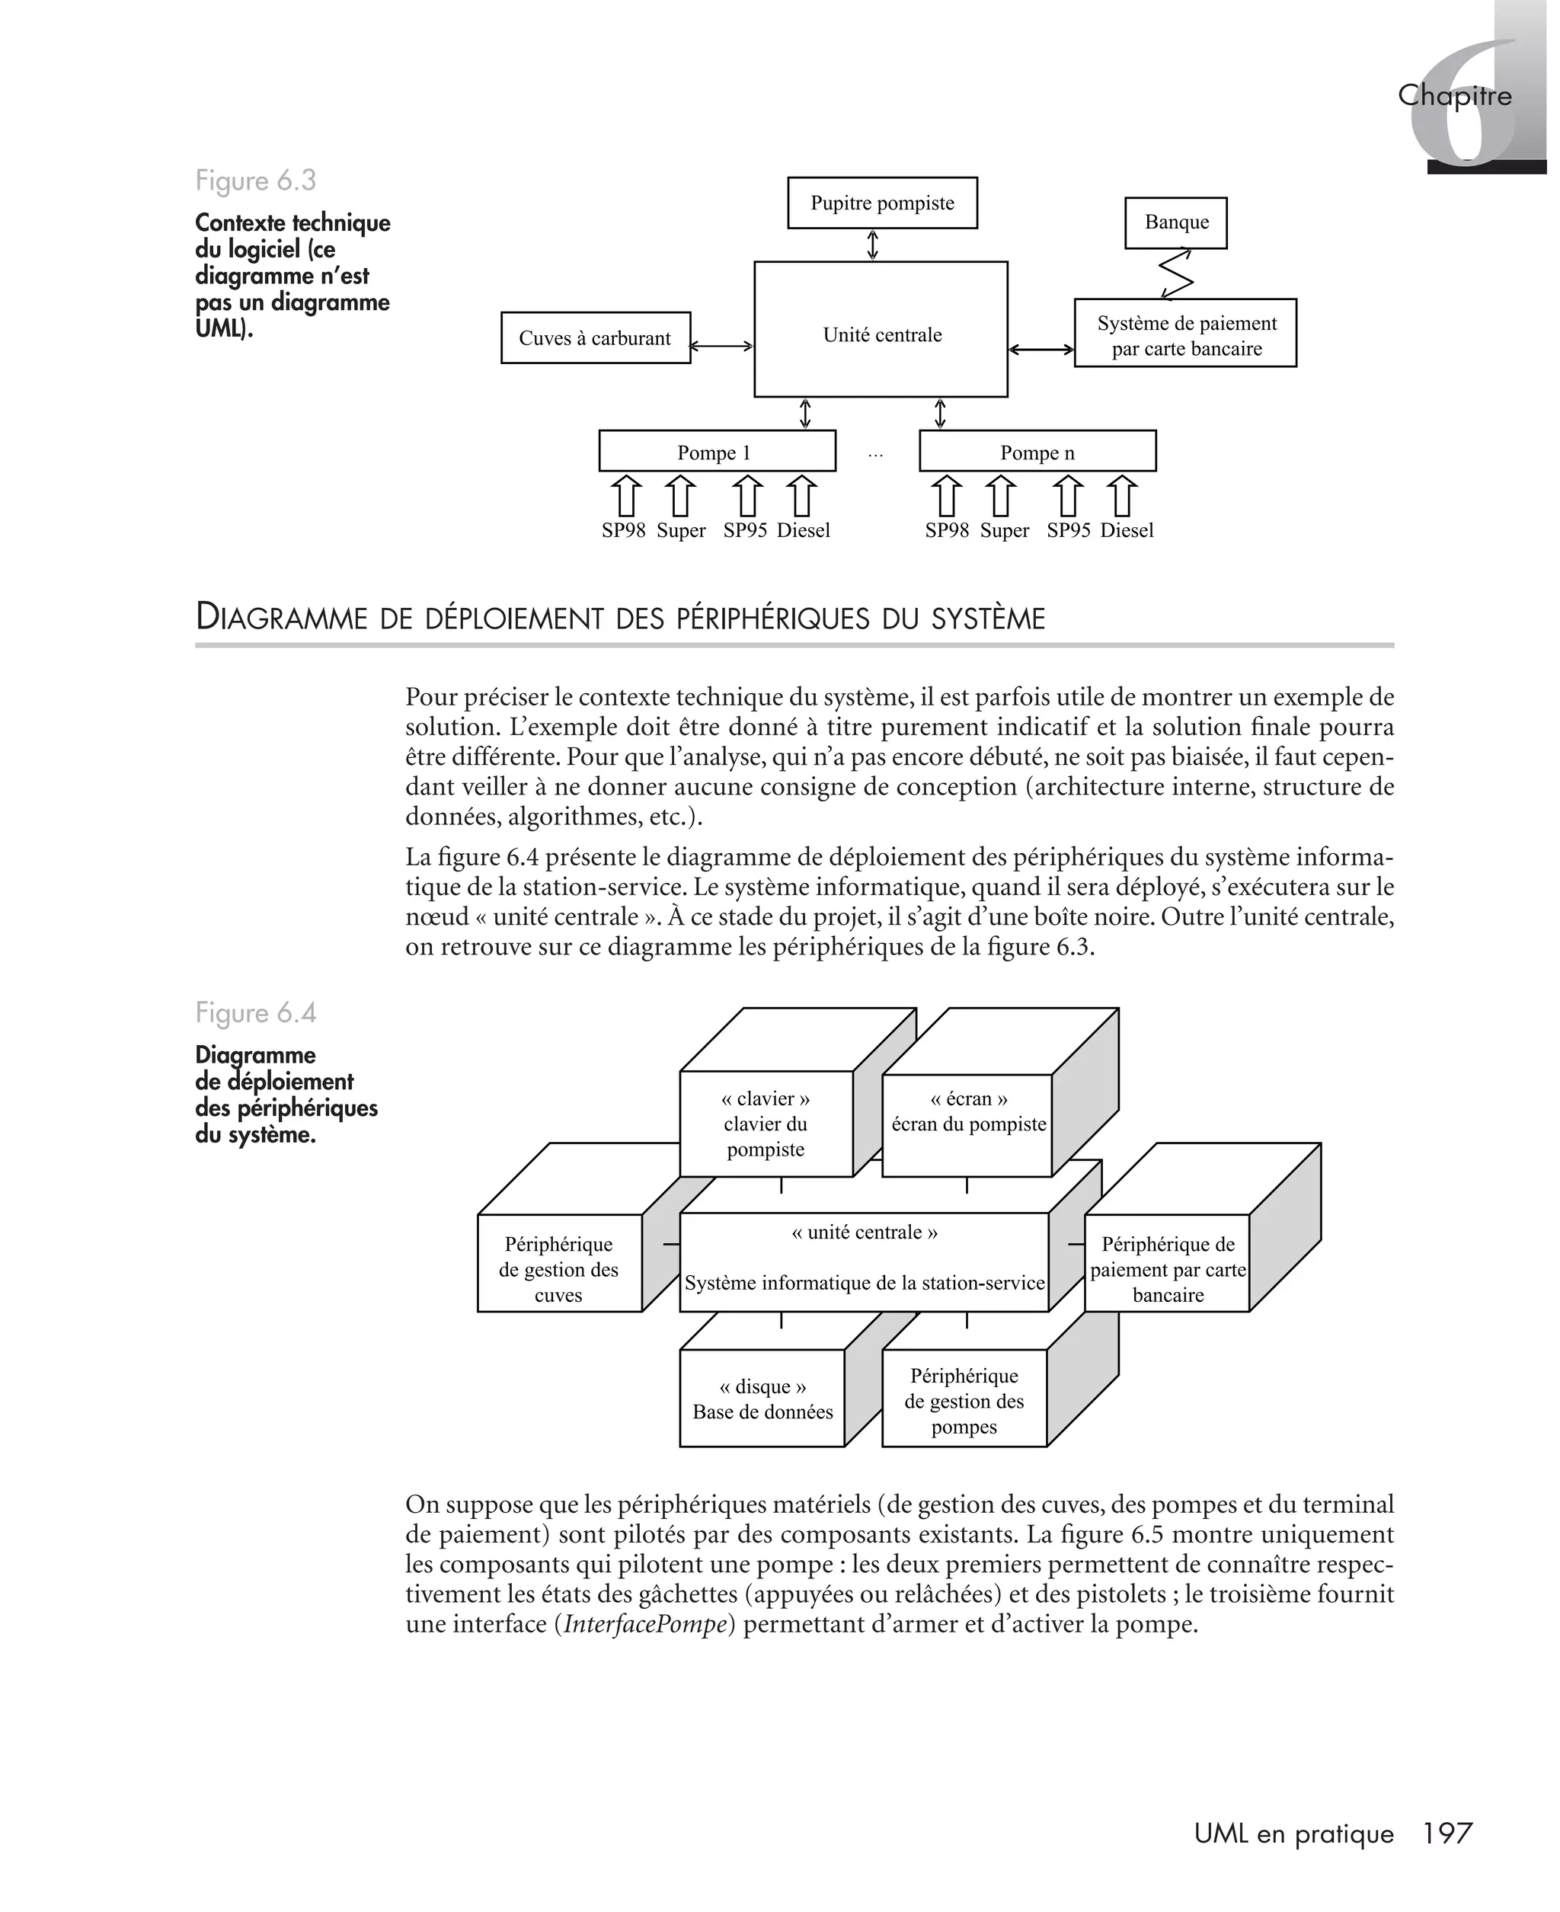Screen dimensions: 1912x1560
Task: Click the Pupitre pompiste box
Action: coord(881,203)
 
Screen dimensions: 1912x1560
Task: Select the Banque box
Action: coord(1175,223)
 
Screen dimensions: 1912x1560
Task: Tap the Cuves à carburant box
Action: coord(595,337)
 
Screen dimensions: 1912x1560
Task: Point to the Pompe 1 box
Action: coord(716,451)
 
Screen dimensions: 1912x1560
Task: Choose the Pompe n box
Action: coord(1037,451)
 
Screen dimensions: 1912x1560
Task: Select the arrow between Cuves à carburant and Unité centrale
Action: coord(721,345)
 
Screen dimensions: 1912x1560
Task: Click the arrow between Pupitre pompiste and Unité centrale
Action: coord(871,245)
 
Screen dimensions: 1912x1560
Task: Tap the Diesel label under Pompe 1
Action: coord(802,530)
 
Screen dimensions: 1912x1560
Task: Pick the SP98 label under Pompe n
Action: coord(946,530)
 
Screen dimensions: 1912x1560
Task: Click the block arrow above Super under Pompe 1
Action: coord(680,497)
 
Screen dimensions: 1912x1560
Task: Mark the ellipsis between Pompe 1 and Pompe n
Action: coord(875,456)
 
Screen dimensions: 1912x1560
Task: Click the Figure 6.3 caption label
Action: coord(256,181)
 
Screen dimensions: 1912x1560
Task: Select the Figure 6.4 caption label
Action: coord(256,1012)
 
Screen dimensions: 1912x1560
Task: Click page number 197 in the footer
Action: coord(1448,1833)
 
